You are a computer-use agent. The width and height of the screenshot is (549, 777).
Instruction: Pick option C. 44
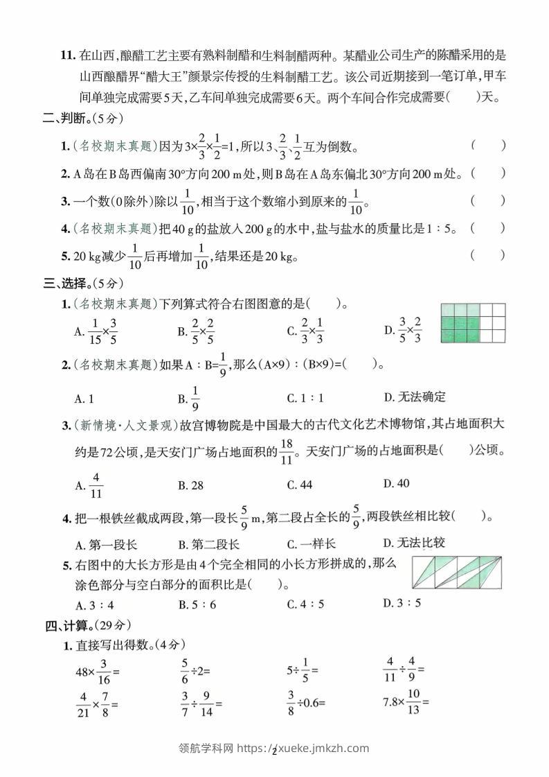(x=300, y=485)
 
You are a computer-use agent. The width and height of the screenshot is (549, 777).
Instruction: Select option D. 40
(x=396, y=483)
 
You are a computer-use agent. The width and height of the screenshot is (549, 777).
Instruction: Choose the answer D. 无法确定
(x=415, y=397)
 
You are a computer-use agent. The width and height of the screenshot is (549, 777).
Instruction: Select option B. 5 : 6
(x=197, y=604)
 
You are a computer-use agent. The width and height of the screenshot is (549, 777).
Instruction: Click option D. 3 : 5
(x=402, y=602)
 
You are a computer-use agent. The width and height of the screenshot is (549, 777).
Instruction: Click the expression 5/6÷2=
(x=196, y=671)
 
